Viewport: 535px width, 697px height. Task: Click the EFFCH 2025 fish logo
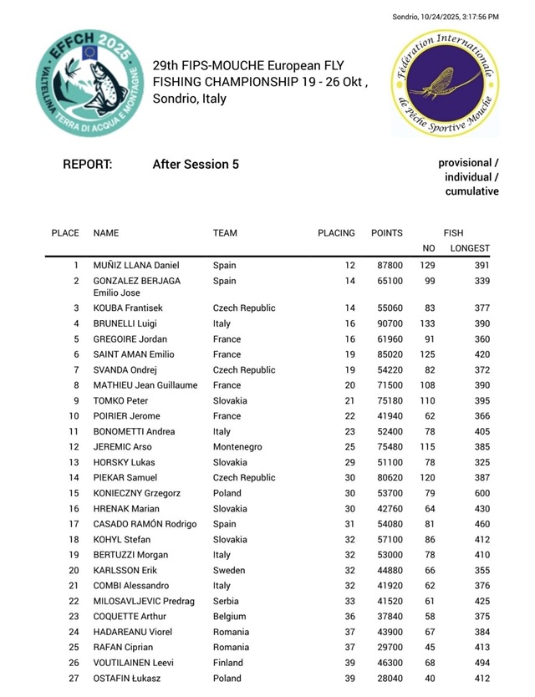coord(84,82)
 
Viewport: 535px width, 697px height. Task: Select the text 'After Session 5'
coord(196,165)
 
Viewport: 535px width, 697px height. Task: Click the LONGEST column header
coord(470,248)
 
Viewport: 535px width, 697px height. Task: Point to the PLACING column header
coord(337,233)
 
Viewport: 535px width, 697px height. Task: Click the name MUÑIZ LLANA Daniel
coord(136,266)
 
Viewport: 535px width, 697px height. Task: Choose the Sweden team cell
coord(229,571)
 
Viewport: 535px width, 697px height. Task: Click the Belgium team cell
coord(230,617)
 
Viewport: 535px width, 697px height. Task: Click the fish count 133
coord(427,324)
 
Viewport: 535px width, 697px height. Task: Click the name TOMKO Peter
coord(120,401)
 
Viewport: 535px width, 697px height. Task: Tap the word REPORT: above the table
coord(88,165)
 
